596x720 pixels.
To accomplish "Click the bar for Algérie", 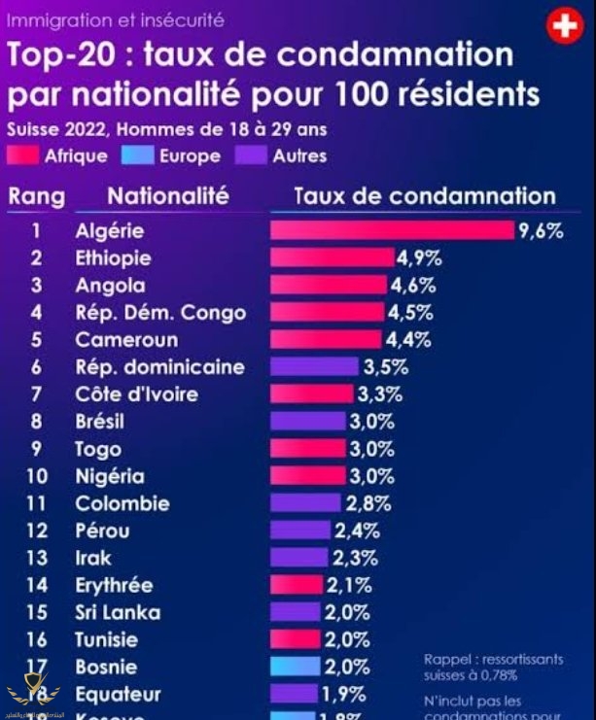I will pyautogui.click(x=391, y=230).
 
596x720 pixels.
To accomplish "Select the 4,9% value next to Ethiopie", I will pyautogui.click(x=419, y=257).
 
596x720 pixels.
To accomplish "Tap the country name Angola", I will pyautogui.click(x=110, y=286).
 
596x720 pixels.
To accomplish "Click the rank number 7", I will pyautogui.click(x=37, y=394).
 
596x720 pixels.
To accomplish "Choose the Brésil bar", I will pyautogui.click(x=307, y=422).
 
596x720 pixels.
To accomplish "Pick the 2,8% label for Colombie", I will pyautogui.click(x=368, y=503).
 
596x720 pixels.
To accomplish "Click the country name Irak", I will pyautogui.click(x=93, y=558).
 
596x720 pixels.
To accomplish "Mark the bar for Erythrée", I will pyautogui.click(x=296, y=585).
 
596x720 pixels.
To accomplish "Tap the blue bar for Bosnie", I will pyautogui.click(x=295, y=667).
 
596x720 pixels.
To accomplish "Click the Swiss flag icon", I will pyautogui.click(x=565, y=26).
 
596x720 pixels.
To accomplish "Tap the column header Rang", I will pyautogui.click(x=37, y=196).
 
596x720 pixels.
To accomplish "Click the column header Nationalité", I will pyautogui.click(x=167, y=195).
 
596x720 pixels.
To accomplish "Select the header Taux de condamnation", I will pyautogui.click(x=425, y=195).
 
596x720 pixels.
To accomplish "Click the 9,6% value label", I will pyautogui.click(x=542, y=230).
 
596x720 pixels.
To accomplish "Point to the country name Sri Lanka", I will pyautogui.click(x=118, y=612).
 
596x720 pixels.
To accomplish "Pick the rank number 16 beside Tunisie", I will pyautogui.click(x=37, y=639).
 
